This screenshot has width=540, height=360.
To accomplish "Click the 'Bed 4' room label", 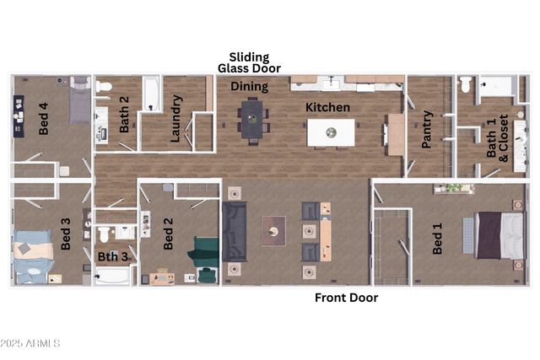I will pos(44,119).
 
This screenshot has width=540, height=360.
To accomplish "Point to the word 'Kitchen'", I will pos(327,107).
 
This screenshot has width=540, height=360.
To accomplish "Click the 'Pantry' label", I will pos(427,128).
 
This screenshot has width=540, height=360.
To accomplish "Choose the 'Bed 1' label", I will pos(437,239).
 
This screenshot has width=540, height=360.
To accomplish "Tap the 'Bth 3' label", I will pos(112,256).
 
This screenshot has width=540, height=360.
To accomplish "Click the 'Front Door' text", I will pos(346,298).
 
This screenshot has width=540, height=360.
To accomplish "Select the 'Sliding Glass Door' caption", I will pos(249,62).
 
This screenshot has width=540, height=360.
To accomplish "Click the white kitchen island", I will pos(331,132).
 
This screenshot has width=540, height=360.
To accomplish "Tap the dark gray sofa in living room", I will pos(235,232).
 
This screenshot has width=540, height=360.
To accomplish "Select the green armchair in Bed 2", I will pos(206,250).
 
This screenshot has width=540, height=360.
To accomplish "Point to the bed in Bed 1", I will pos(500,234).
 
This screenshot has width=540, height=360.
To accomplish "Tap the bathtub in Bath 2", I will pos(152,93).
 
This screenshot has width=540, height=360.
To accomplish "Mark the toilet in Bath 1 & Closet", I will pos(466,83).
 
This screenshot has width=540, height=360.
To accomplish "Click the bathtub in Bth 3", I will pos(112,276).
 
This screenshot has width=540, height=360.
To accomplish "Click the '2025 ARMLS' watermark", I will pos(30,343).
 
